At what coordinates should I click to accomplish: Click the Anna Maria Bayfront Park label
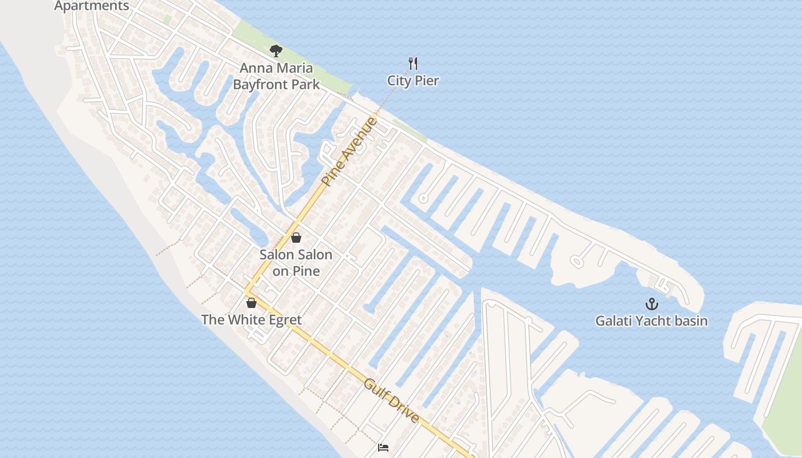pos(276,76)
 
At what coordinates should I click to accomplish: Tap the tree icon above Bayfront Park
pos(276,51)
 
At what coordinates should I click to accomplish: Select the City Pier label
pos(413,81)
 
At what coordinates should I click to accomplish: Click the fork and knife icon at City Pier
pos(412,63)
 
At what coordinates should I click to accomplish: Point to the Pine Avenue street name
pos(349,152)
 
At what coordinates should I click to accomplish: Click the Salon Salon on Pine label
pos(296,262)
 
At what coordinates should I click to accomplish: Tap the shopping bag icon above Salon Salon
pos(296,238)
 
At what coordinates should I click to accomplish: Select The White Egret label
pos(251,319)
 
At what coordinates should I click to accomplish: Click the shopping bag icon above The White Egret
pos(251,303)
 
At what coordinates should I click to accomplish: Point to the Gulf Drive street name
pos(392,400)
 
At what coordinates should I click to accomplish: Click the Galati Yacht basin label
pos(651,321)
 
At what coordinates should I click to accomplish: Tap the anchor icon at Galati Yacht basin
pos(652,304)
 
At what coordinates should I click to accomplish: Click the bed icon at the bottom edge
pos(383,447)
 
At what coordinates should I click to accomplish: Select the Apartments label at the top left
pos(92,6)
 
